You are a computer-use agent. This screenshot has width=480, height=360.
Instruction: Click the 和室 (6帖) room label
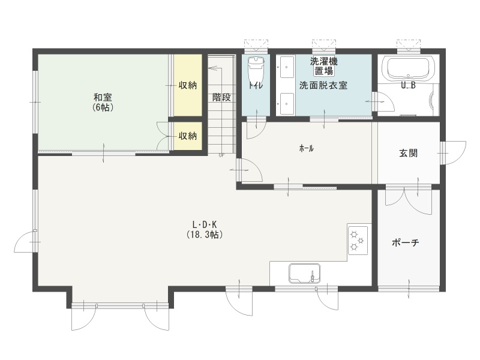coord(103,102)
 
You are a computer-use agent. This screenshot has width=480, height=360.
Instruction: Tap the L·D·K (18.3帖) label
coord(205,229)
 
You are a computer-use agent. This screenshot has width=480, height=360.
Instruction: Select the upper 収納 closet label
coord(188,85)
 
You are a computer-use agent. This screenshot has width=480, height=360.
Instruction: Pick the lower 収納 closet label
coord(188,136)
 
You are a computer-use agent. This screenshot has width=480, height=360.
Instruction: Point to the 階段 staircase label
coord(221,97)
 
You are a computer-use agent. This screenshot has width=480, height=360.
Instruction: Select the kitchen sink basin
coord(305,273)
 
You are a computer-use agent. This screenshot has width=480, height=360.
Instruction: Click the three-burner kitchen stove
coord(358,241)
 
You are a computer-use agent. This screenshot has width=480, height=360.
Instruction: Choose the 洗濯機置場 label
coord(324,66)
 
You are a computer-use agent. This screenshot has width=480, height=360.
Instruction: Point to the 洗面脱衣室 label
coord(323,85)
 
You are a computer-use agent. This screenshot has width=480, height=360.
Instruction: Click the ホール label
coord(306,149)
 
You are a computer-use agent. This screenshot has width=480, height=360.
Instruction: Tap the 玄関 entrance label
coord(409,153)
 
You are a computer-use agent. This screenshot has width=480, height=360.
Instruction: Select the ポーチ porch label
coord(406,243)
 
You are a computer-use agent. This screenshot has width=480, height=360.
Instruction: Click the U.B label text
coord(409,86)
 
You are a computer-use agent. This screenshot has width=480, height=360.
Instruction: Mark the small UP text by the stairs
coord(221,155)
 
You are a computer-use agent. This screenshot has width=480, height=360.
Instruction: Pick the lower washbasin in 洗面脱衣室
coord(287,104)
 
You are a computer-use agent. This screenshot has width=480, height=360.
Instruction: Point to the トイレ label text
coord(256,85)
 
